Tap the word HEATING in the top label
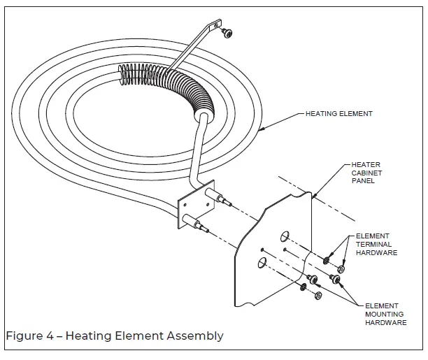(x=320, y=113)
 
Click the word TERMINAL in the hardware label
(x=373, y=245)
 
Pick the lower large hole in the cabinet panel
(x=260, y=262)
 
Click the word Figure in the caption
(x=22, y=336)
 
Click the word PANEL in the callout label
(x=363, y=180)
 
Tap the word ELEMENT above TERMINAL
(x=373, y=236)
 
